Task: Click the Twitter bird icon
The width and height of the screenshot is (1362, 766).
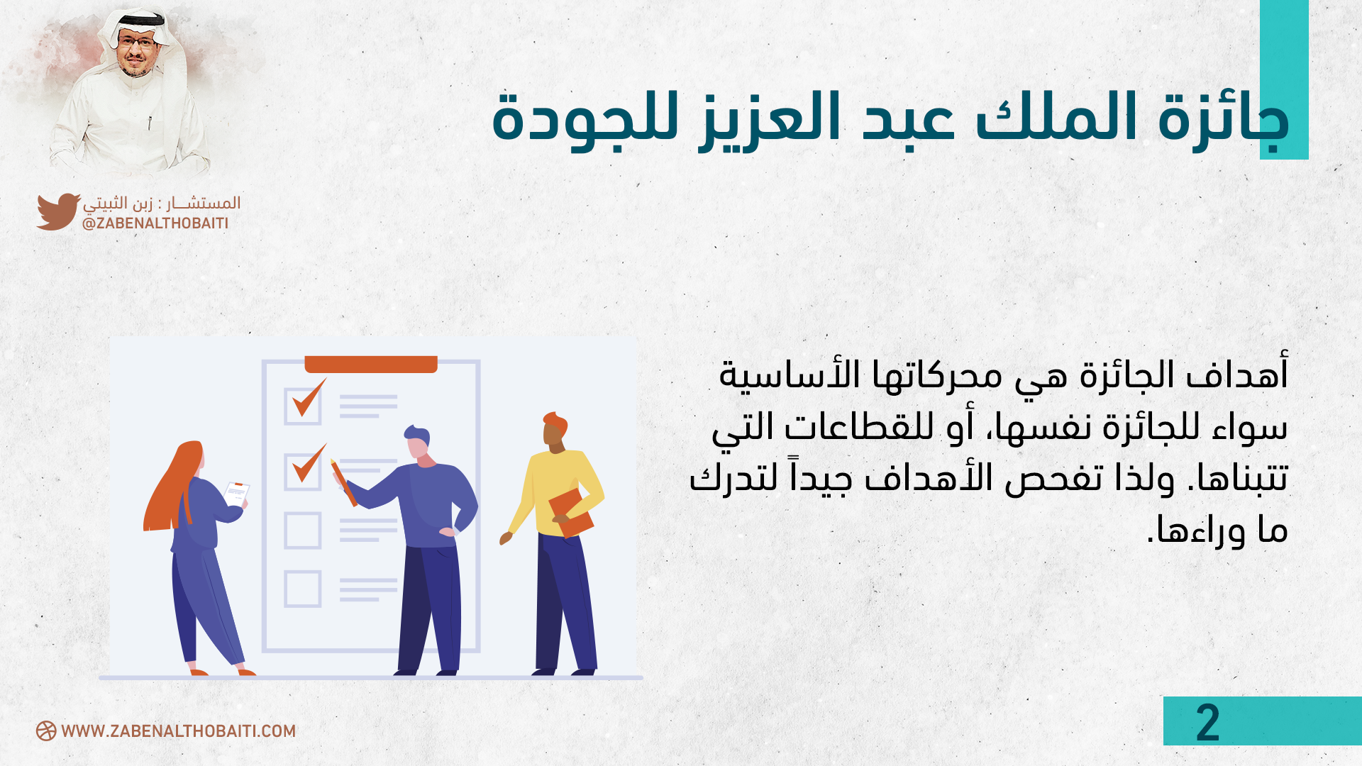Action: [x=58, y=211]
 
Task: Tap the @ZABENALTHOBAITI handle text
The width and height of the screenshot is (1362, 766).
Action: [x=155, y=223]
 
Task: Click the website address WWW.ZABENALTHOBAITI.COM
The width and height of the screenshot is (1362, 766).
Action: [x=178, y=731]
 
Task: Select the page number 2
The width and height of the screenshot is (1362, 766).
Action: [x=1207, y=723]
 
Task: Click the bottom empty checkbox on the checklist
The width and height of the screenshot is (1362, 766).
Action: [x=303, y=589]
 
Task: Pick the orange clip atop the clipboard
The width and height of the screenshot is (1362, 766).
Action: [x=371, y=364]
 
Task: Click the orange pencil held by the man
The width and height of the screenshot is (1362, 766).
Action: [x=343, y=482]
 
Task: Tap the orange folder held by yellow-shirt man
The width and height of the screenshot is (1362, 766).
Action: [x=571, y=512]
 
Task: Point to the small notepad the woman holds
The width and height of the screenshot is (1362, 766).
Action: [x=236, y=493]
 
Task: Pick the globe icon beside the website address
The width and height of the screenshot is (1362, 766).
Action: [x=46, y=731]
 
